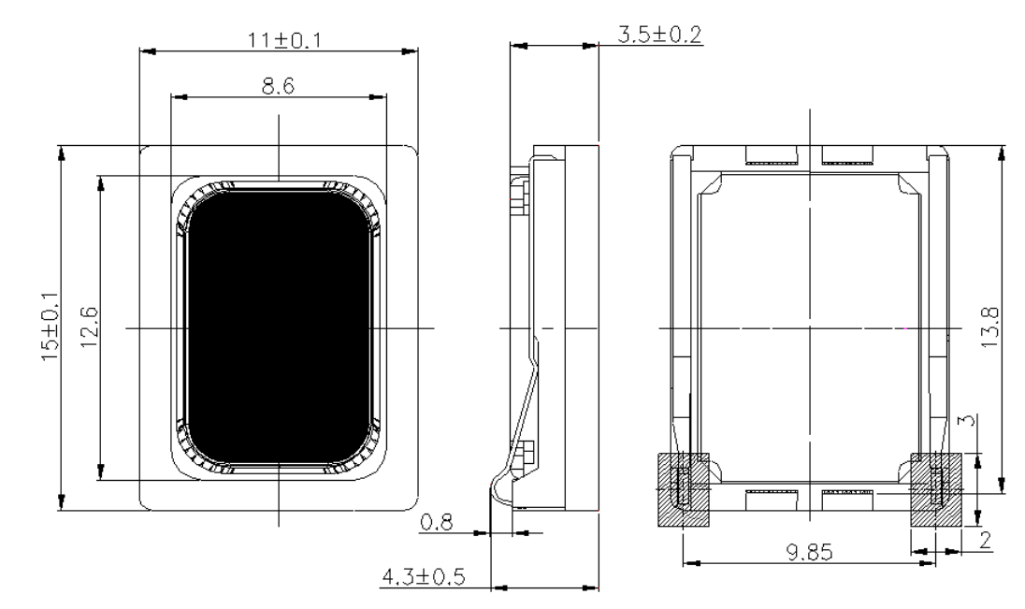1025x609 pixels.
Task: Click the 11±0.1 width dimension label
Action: tap(284, 40)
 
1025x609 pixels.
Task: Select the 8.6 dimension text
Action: tap(279, 86)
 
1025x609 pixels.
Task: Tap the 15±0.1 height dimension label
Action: tap(51, 327)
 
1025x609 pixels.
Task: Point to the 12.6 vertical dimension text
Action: tap(90, 327)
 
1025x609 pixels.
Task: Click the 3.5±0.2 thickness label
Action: tap(659, 34)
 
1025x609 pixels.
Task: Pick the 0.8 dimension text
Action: tap(436, 523)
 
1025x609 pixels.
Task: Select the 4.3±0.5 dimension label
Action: tap(424, 577)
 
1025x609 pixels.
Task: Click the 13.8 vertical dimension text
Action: tap(990, 327)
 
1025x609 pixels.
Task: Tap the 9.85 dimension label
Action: tap(809, 553)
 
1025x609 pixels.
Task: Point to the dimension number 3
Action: tap(970, 419)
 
